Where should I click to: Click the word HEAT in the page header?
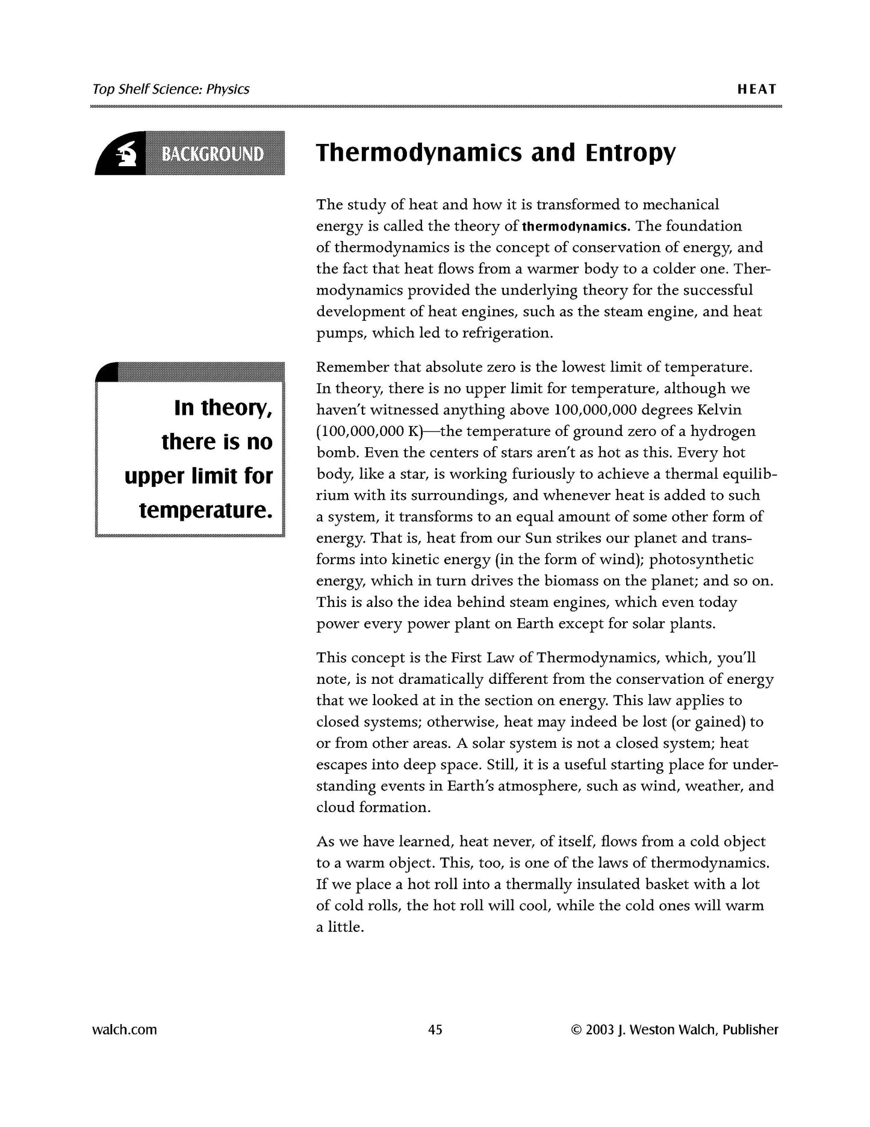(x=757, y=89)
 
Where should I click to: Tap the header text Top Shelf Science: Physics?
(x=171, y=89)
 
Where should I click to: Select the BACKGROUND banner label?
(x=213, y=155)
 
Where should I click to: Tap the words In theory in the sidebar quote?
(x=223, y=408)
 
